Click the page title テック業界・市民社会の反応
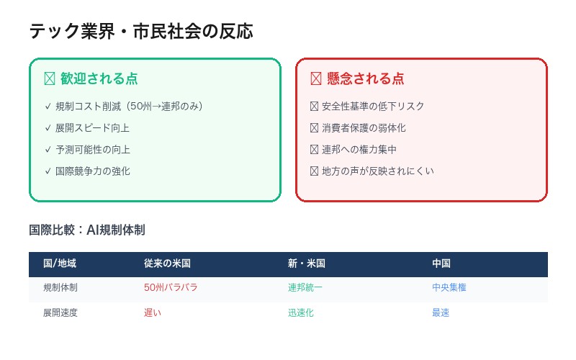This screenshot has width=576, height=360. pyautogui.click(x=140, y=32)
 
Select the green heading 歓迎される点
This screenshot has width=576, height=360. pyautogui.click(x=99, y=78)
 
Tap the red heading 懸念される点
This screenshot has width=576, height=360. pyautogui.click(x=365, y=78)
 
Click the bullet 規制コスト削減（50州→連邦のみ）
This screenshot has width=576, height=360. pyautogui.click(x=129, y=106)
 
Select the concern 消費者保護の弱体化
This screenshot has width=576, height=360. pyautogui.click(x=364, y=127)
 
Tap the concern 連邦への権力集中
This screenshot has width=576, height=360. pyautogui.click(x=359, y=149)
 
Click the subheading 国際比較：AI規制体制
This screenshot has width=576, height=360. pyautogui.click(x=87, y=230)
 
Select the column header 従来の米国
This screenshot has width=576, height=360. pyautogui.click(x=167, y=264)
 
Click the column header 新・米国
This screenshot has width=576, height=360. pyautogui.click(x=307, y=264)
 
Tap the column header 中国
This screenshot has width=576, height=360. pyautogui.click(x=441, y=264)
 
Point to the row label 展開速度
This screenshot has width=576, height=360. pyautogui.click(x=60, y=312)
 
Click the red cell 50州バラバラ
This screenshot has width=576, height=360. pyautogui.click(x=171, y=287)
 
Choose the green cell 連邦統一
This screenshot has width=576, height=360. pyautogui.click(x=305, y=287)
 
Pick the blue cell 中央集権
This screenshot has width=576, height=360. pyautogui.click(x=449, y=287)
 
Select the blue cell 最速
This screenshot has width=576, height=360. pyautogui.click(x=441, y=312)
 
